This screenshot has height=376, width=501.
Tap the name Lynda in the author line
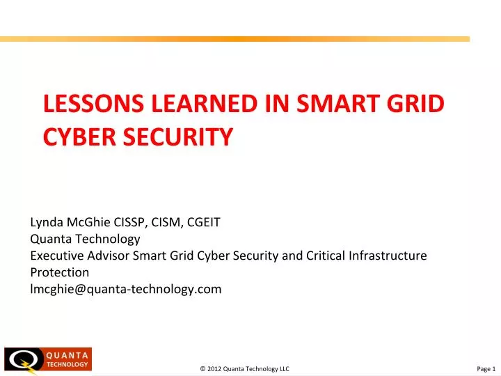(47, 223)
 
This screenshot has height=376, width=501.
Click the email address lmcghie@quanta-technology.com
(126, 288)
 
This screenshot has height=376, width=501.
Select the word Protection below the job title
(60, 272)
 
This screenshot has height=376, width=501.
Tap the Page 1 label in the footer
(485, 368)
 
